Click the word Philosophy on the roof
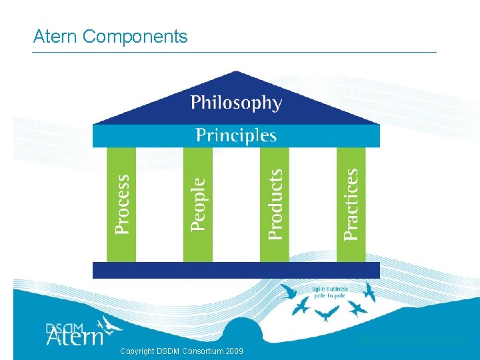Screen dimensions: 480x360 click(236, 103)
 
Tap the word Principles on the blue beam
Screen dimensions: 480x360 click(236, 136)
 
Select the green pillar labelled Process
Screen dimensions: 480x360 click(121, 204)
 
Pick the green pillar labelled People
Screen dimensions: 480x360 click(198, 204)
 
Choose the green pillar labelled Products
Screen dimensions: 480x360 click(275, 204)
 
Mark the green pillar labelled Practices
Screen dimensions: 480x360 click(351, 204)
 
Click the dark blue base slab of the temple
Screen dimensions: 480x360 click(236, 270)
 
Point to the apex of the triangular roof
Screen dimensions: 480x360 click(235, 73)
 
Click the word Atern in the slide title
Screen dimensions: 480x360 click(56, 36)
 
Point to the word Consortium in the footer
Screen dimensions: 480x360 click(199, 351)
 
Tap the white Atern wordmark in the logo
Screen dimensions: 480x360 click(75, 337)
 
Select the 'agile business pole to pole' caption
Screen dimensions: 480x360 click(330, 293)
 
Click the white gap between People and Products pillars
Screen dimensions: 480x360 click(236, 204)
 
